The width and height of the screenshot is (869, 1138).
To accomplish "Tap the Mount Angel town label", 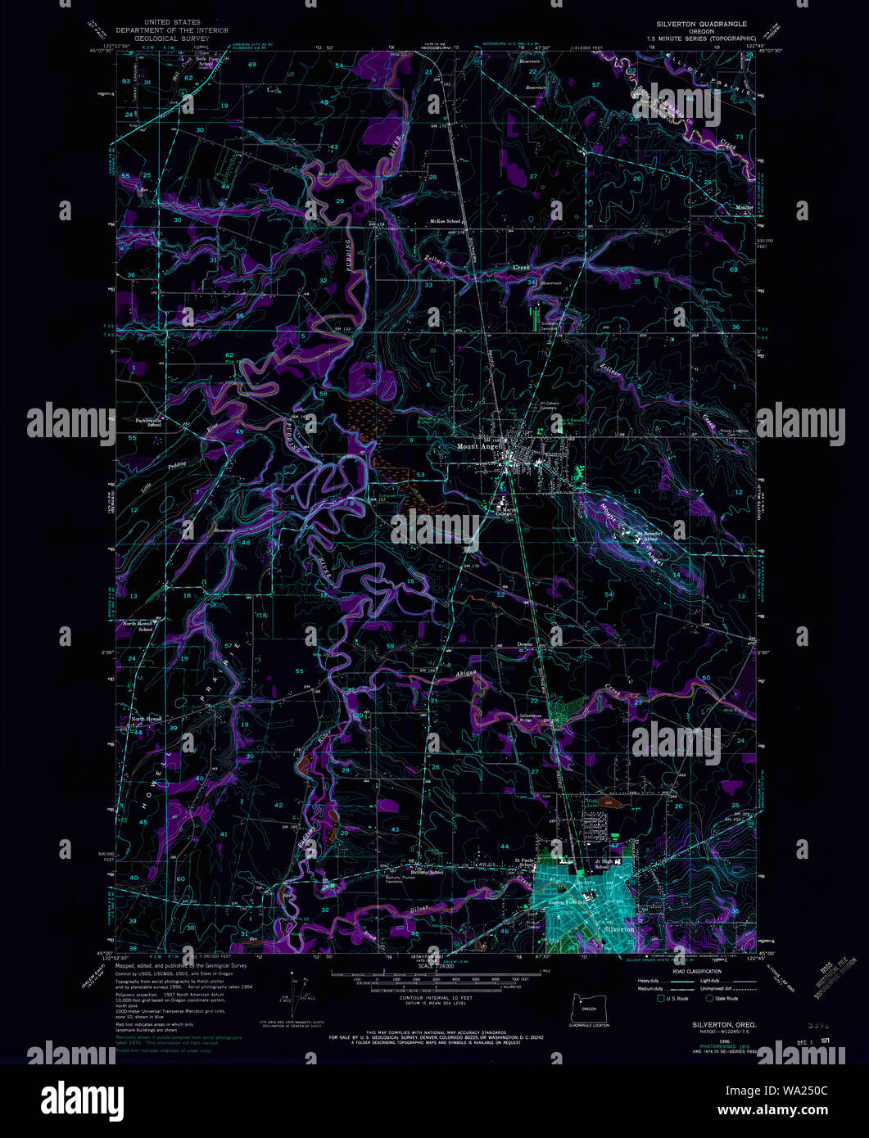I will tap(478, 447).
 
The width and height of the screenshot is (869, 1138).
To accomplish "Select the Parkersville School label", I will tap(143, 424).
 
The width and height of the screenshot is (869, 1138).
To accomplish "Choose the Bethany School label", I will tap(428, 872).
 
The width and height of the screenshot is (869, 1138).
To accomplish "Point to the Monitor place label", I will tap(744, 206).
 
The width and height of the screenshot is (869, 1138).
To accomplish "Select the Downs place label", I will tap(525, 644).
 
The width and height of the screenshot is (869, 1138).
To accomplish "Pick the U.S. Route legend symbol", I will tap(661, 998).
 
